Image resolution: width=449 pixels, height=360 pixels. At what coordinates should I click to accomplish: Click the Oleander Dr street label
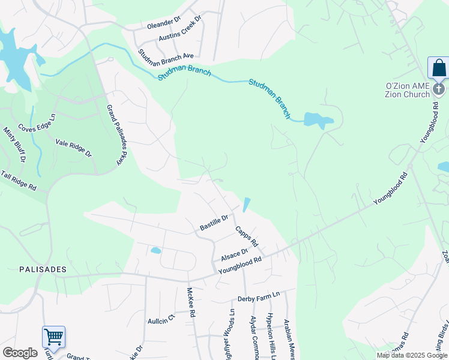[x=164, y=26]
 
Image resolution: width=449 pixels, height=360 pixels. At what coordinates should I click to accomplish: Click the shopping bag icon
[x=439, y=68]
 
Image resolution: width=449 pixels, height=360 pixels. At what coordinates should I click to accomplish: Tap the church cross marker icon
[x=439, y=89]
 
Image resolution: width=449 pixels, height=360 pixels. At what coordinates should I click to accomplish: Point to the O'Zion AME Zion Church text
[x=408, y=90]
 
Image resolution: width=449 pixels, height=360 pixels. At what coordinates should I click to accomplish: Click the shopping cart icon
[x=53, y=337]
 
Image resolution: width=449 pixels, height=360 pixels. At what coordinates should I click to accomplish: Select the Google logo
[x=20, y=353]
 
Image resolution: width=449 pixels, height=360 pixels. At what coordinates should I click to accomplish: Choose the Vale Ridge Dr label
[x=73, y=148]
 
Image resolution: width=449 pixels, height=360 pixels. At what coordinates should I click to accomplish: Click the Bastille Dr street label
[x=214, y=223]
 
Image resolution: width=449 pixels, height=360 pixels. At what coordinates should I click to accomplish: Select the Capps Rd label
[x=246, y=236]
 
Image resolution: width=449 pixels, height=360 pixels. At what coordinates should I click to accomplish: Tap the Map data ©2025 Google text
[x=412, y=355]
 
